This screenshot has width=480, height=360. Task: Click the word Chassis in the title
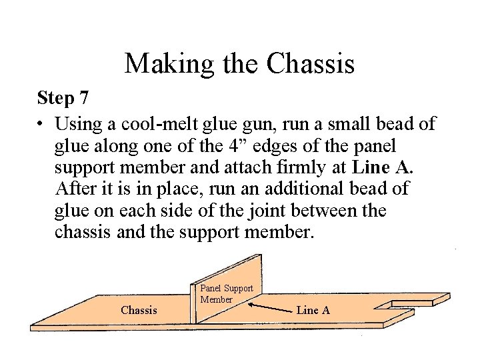click(310, 63)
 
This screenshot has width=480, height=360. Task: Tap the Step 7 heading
click(63, 98)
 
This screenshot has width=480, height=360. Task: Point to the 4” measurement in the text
click(239, 145)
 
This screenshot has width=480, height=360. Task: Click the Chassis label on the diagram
click(139, 310)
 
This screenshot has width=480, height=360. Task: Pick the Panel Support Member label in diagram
click(227, 294)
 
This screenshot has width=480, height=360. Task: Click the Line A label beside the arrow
click(313, 310)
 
